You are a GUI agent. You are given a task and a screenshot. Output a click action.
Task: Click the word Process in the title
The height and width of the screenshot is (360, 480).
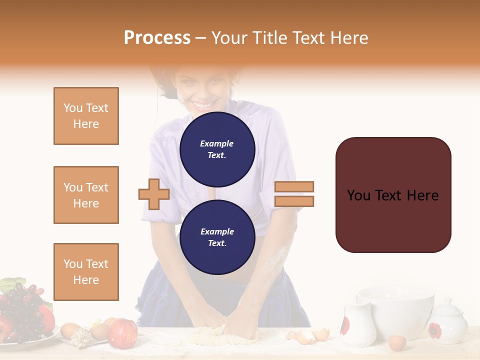coord(157,37)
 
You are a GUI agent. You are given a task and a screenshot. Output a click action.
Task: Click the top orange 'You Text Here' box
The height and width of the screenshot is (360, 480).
coord(86,116)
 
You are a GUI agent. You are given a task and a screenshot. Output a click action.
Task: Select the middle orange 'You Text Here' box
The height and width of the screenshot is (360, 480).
coord(86,195)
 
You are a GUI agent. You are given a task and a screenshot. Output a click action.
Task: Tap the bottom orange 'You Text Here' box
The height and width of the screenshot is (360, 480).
coord(86,271)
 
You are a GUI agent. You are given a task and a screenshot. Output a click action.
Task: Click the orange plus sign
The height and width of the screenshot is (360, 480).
coord(154,194)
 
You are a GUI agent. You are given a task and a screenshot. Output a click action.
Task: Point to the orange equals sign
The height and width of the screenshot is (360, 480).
coord(294,194)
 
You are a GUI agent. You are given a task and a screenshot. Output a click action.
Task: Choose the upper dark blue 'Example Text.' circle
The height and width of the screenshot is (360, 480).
coord(217,149)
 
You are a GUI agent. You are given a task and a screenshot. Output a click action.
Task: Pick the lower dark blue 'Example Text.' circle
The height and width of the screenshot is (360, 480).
coord(217,237)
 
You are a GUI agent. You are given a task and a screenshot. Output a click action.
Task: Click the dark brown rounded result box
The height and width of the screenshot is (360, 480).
coord(393,195)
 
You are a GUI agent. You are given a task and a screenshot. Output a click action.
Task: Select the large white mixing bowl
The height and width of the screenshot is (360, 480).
coord(395,310)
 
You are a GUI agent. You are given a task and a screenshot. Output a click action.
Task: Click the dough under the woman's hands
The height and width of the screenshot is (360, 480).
coord(225,335)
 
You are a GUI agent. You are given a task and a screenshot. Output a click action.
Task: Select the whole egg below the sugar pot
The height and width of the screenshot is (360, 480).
coord(397,343)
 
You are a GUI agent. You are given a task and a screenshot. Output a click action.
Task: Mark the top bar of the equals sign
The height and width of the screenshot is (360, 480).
coord(294,186)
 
